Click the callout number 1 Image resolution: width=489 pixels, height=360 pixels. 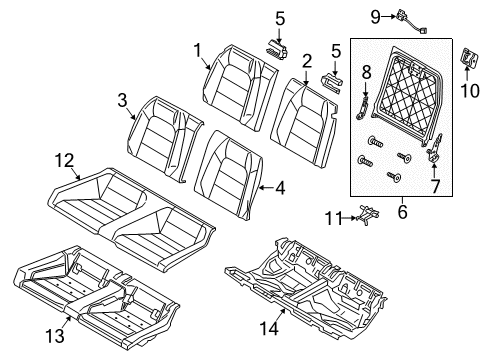tap(197, 48)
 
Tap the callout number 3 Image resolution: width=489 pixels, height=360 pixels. tap(121, 98)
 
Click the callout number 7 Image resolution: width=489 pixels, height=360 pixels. tap(434, 186)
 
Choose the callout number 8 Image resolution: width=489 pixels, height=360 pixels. tap(367, 72)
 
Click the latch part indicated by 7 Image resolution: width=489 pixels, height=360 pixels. tap(436, 155)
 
